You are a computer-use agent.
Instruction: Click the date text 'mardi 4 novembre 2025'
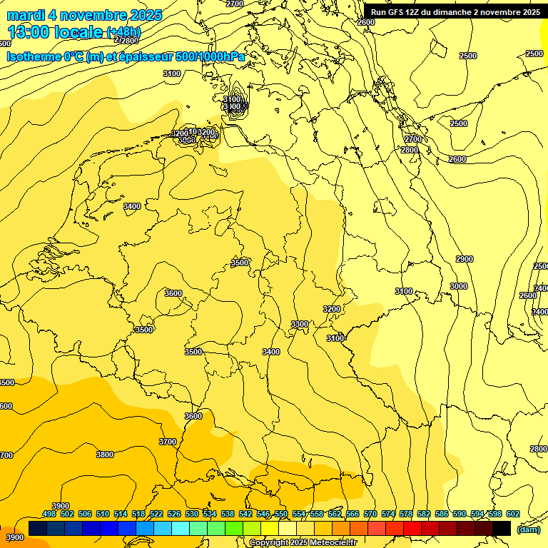(84, 15)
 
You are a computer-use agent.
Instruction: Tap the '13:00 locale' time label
(55, 32)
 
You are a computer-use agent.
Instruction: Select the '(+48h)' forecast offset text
(123, 32)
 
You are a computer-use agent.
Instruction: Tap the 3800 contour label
(105, 455)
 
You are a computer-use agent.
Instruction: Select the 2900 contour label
(465, 259)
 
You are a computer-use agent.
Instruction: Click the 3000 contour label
(459, 286)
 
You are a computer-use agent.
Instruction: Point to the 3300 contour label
(300, 324)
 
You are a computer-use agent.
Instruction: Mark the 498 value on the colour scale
(49, 514)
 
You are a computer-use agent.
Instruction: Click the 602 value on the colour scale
(513, 514)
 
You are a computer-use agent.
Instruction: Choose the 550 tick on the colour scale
(281, 514)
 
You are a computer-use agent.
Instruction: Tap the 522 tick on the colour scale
(156, 514)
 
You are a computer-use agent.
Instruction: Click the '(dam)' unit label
(527, 529)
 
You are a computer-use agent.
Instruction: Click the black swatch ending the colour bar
(502, 528)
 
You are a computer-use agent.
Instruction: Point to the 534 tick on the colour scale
(210, 514)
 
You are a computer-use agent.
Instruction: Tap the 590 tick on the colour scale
(460, 514)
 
